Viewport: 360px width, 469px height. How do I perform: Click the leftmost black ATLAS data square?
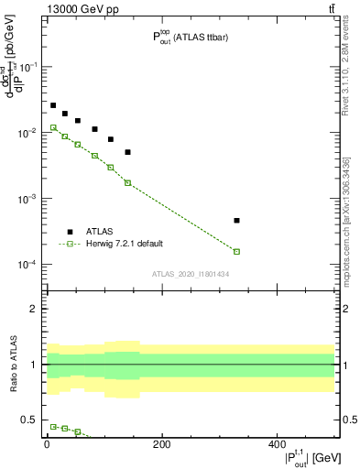[53, 105]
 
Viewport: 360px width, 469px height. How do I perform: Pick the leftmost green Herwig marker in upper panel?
[53, 127]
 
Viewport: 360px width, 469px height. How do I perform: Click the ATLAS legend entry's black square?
[70, 232]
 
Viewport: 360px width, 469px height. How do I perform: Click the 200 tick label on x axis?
[161, 444]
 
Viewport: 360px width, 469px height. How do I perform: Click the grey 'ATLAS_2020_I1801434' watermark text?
[190, 274]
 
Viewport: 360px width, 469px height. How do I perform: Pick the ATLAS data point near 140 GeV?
[128, 152]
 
